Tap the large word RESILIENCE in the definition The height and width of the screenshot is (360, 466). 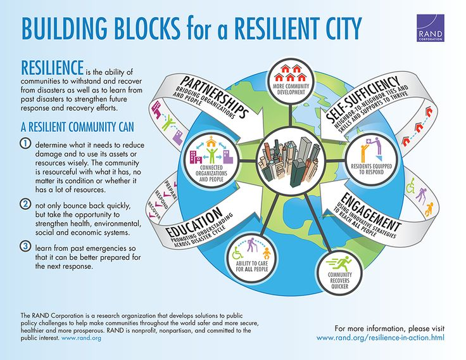pos(53,68)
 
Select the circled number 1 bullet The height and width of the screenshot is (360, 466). pos(26,143)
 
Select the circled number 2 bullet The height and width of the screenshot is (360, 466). pos(26,204)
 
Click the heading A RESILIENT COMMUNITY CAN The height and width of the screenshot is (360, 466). pos(71,125)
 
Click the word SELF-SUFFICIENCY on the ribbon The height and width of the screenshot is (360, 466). pos(363,98)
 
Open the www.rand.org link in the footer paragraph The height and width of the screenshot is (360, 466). pos(80,338)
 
